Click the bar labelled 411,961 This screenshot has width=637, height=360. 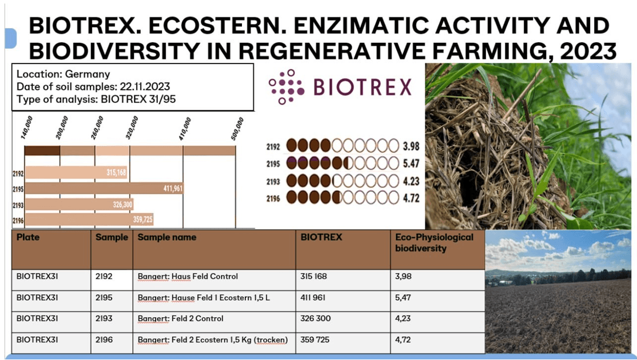click(105, 188)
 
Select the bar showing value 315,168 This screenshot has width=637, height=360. click(76, 173)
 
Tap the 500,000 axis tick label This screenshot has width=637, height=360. click(237, 129)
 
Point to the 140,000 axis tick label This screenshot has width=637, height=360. click(26, 127)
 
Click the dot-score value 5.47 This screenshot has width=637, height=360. click(411, 163)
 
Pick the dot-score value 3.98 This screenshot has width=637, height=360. click(411, 146)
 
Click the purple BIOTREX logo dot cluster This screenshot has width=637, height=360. click(286, 86)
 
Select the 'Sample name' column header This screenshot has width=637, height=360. click(167, 237)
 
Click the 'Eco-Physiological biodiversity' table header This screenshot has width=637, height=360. click(434, 243)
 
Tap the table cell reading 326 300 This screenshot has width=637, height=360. click(315, 318)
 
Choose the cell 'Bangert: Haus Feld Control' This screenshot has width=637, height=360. click(188, 276)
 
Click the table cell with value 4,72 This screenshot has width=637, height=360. click(403, 339)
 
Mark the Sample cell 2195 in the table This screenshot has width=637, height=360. click(104, 297)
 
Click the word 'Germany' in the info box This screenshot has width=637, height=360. click(87, 74)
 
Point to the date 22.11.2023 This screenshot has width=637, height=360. click(144, 86)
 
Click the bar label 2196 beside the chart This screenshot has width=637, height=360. click(18, 221)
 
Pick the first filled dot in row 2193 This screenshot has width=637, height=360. click(291, 180)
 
